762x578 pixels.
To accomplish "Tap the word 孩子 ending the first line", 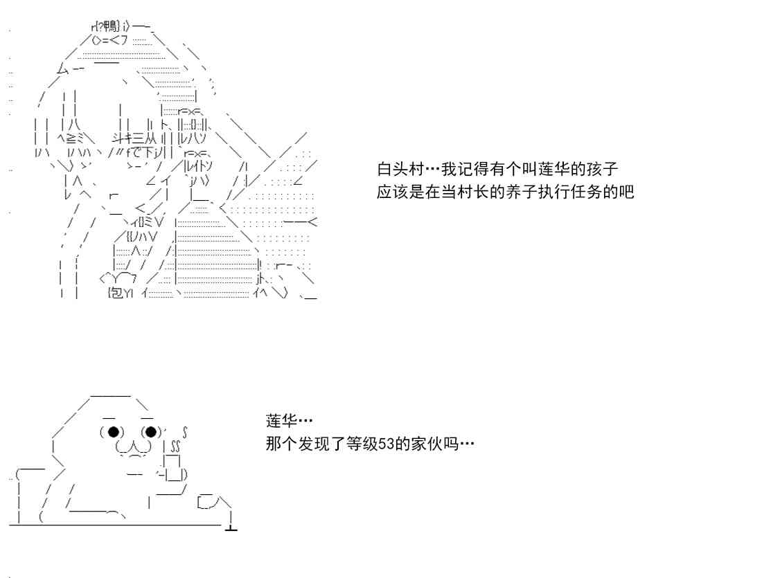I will pyautogui.click(x=601, y=170).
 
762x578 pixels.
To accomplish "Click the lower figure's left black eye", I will pyautogui.click(x=112, y=433).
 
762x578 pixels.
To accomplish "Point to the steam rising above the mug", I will pyautogui.click(x=176, y=443).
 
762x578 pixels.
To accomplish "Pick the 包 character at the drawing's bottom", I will pyautogui.click(x=116, y=293).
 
